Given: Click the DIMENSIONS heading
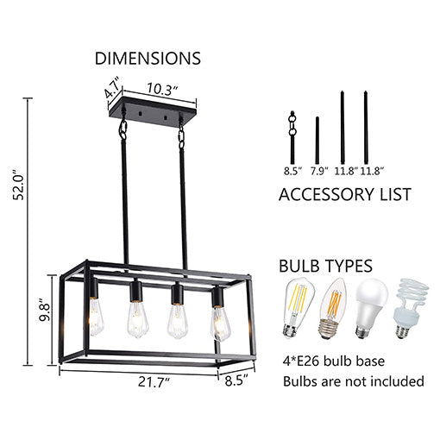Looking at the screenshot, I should (x=148, y=59).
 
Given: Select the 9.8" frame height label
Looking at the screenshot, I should (x=34, y=310).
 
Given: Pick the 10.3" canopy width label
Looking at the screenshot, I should (x=161, y=87).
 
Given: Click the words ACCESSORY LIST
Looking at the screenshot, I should (x=344, y=195).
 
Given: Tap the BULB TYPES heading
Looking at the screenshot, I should (x=324, y=265).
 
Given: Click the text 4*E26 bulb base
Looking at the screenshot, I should (x=333, y=360).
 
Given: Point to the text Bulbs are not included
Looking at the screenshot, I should (x=354, y=380).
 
